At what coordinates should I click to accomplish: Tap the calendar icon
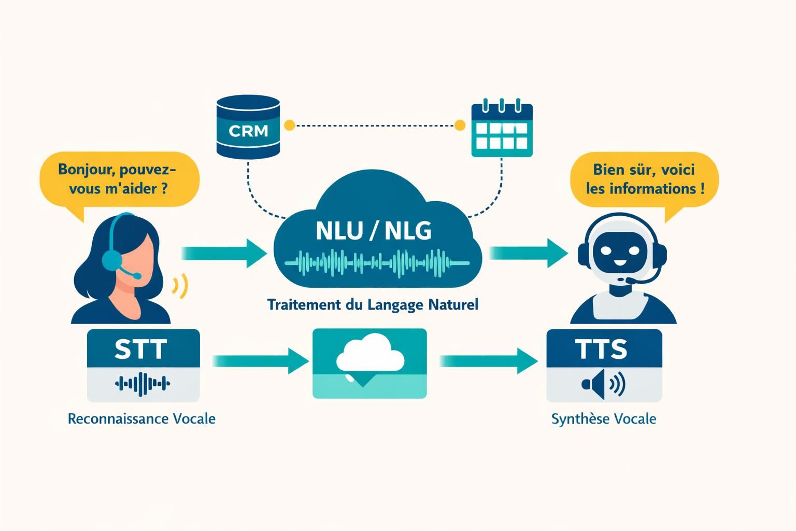click(x=502, y=130)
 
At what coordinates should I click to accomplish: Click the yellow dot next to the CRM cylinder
click(x=290, y=125)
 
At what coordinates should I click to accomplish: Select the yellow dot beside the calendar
click(x=459, y=125)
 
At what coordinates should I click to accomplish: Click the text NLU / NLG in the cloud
click(x=373, y=231)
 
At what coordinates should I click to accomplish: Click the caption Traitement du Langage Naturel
click(x=373, y=304)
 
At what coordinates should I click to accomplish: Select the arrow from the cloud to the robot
click(x=529, y=253)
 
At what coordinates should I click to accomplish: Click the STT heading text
click(x=141, y=349)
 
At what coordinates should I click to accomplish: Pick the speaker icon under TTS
click(x=603, y=384)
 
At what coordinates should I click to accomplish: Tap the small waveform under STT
click(x=143, y=384)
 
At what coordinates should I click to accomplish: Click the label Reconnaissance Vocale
click(x=141, y=418)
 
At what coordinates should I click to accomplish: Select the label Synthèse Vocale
click(x=604, y=418)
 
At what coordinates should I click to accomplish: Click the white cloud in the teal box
click(x=370, y=355)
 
